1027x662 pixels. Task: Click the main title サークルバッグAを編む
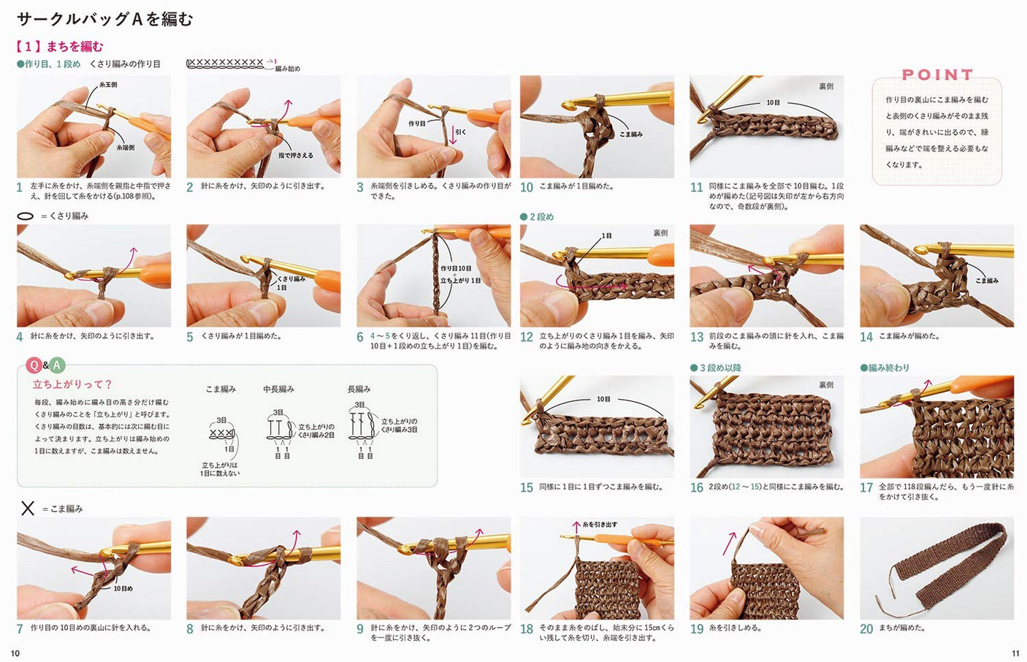[104, 19]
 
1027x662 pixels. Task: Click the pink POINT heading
[937, 75]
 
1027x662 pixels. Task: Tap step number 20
[866, 628]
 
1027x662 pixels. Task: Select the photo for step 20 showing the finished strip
[936, 568]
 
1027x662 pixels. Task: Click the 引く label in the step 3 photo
[460, 132]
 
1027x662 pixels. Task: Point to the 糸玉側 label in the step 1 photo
[108, 85]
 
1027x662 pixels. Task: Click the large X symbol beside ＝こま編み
[28, 508]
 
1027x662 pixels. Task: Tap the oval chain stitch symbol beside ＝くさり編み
[25, 216]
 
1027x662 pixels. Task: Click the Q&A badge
[45, 365]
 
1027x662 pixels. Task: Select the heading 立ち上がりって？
[72, 384]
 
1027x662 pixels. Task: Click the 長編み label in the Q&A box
[359, 389]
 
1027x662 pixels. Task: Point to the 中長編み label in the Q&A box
[278, 389]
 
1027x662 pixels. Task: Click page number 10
[15, 653]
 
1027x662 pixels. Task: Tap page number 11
[1015, 653]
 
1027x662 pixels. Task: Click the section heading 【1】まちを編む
[60, 47]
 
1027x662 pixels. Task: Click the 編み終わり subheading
[885, 368]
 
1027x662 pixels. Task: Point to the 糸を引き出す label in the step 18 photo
[599, 525]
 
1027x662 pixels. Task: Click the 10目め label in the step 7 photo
[123, 588]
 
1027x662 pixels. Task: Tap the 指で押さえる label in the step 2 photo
[295, 156]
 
